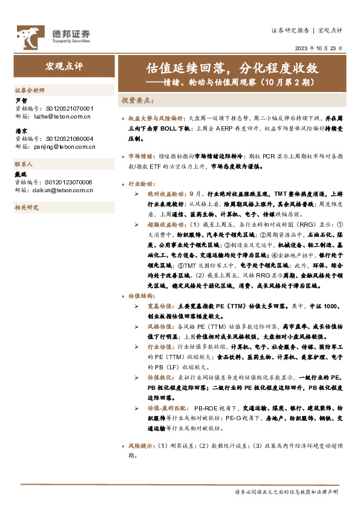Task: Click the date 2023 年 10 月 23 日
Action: (318, 48)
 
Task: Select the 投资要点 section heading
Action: (138, 100)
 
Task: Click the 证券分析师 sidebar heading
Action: (29, 89)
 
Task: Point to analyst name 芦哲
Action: (21, 101)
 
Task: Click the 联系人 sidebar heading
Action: (24, 164)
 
